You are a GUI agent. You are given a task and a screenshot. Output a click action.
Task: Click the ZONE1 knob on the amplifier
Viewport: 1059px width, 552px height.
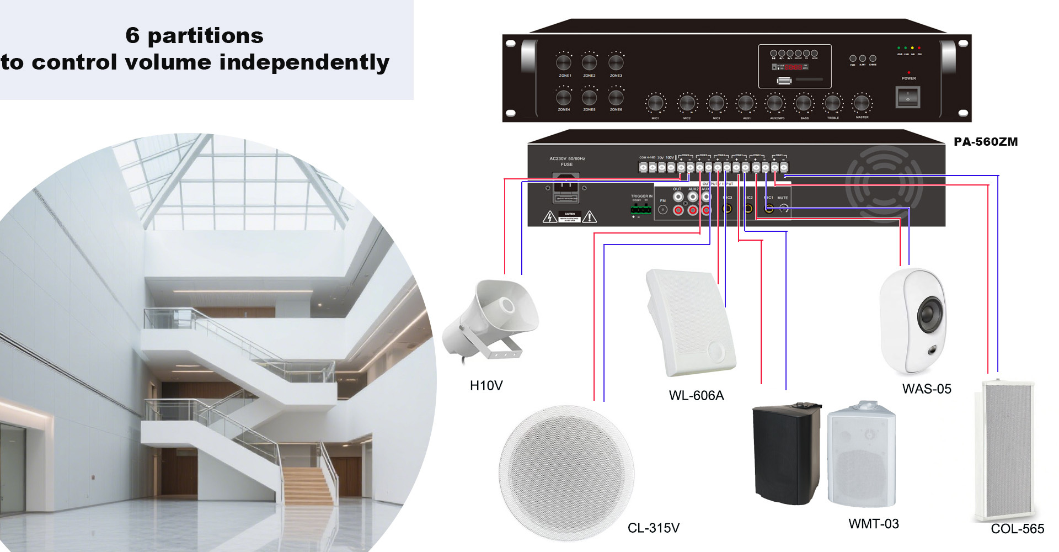564,62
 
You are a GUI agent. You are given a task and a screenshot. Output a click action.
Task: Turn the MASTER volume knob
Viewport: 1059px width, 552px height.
861,103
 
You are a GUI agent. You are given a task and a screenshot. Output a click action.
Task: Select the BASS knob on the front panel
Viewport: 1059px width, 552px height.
804,103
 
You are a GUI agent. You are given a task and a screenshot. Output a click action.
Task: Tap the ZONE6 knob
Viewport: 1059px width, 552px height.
616,97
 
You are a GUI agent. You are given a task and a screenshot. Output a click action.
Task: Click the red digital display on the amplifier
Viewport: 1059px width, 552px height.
793,67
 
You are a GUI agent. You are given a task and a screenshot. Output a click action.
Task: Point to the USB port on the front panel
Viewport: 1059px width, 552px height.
784,81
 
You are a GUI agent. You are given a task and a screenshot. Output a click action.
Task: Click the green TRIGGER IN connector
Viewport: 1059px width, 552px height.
640,209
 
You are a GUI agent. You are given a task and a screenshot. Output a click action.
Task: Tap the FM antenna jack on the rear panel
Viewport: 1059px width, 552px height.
663,210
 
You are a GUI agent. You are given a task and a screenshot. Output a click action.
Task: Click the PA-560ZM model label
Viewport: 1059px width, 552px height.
986,142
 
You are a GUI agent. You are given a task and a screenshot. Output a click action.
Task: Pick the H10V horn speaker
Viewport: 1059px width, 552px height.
490,320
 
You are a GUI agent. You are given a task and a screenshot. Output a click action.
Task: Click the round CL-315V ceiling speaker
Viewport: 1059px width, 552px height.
566,474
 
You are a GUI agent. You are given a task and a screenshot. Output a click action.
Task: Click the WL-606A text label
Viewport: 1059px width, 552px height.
696,396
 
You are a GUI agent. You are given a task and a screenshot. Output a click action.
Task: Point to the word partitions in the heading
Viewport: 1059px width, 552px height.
205,36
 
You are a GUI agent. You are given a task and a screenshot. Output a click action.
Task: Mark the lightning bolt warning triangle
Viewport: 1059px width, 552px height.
550,217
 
